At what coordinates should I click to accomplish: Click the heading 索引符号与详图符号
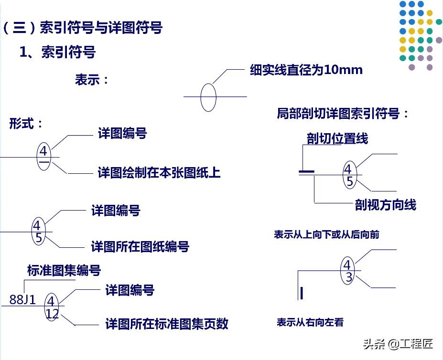tap(101, 28)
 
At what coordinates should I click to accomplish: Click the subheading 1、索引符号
tap(57, 52)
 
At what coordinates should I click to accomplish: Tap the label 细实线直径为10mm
tap(306, 70)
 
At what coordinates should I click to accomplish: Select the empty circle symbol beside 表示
tap(208, 97)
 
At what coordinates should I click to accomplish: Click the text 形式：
tap(26, 123)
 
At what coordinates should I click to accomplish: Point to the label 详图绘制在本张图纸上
tap(159, 172)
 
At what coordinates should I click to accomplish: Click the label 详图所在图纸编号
tap(140, 246)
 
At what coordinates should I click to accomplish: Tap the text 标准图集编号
tap(64, 270)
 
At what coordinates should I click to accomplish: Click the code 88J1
tap(22, 299)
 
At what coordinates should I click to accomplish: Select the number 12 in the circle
tap(52, 314)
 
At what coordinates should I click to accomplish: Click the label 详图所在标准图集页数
tap(167, 324)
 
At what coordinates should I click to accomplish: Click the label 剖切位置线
tap(337, 138)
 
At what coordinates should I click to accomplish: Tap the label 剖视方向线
tap(385, 205)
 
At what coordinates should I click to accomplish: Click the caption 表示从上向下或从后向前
tap(326, 234)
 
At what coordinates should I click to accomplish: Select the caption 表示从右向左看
tap(310, 322)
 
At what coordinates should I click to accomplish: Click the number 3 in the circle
tap(349, 277)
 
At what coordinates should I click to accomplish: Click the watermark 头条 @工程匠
tap(398, 344)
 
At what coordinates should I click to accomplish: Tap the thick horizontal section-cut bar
tap(306, 171)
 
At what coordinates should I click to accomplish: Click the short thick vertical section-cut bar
tap(302, 293)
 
